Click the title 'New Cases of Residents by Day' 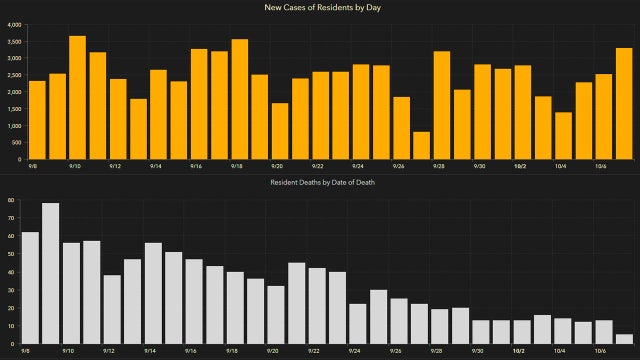click(x=320, y=8)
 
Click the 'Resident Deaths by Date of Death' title click(x=320, y=183)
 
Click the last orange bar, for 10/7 click(x=623, y=104)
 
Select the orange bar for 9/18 click(x=240, y=100)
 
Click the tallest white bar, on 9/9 click(x=50, y=274)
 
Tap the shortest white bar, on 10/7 click(x=623, y=340)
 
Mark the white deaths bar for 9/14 click(x=153, y=294)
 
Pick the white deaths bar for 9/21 click(x=297, y=304)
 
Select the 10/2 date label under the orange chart click(x=520, y=166)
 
